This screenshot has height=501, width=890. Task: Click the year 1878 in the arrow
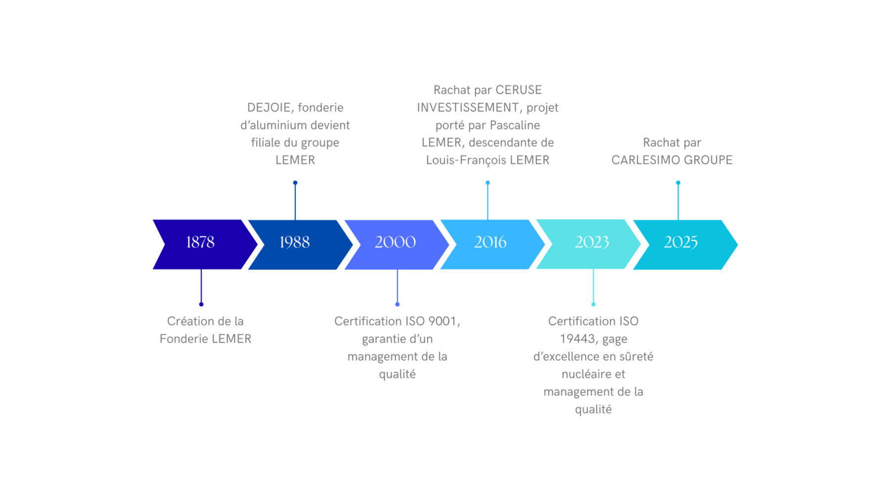(x=200, y=242)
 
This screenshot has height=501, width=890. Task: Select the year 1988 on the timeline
(x=295, y=242)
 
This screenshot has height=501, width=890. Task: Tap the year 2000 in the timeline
(x=395, y=242)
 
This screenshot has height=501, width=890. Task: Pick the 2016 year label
(x=490, y=242)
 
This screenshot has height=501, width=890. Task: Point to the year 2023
(x=592, y=242)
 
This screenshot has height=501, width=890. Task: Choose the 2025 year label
(x=681, y=242)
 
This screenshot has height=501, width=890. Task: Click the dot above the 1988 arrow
(x=295, y=183)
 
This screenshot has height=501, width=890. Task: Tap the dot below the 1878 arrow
(x=201, y=304)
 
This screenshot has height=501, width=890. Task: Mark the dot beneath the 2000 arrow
(x=398, y=304)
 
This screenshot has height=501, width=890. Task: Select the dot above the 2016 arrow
(x=488, y=183)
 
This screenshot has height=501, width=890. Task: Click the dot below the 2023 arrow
(x=593, y=304)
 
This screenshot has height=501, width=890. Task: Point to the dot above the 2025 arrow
(x=678, y=183)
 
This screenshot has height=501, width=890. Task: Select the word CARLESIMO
(x=641, y=160)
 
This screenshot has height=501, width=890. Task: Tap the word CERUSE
(x=519, y=90)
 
